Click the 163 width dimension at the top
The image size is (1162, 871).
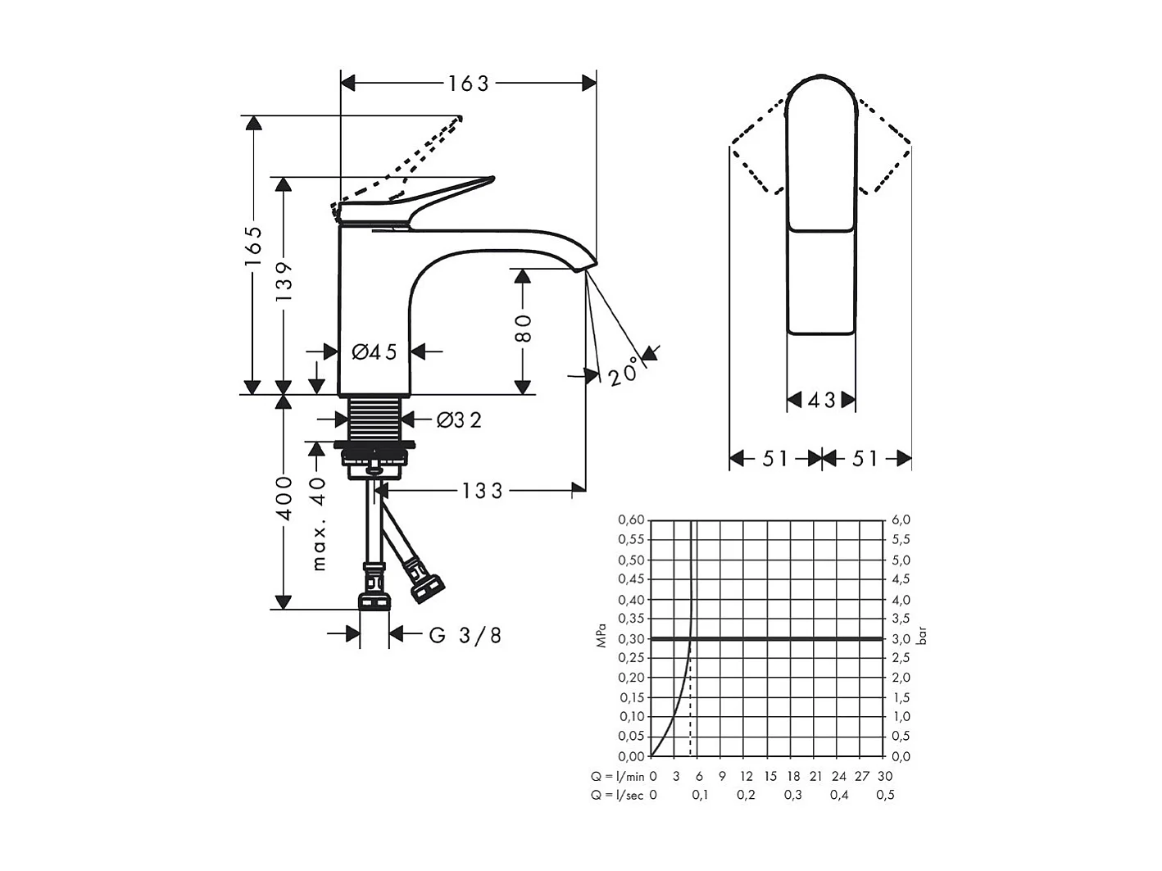(468, 83)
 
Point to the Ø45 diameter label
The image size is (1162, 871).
(374, 352)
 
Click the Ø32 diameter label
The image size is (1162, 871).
(459, 420)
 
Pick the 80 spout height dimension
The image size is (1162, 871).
(523, 328)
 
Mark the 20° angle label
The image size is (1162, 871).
(624, 371)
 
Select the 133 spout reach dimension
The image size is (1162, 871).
(482, 491)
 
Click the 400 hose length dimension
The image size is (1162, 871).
(284, 497)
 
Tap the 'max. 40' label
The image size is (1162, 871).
(319, 524)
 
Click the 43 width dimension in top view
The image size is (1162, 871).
(821, 400)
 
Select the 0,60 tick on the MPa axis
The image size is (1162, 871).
(631, 519)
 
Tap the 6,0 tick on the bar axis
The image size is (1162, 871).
(901, 519)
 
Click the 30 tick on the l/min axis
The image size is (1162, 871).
(885, 776)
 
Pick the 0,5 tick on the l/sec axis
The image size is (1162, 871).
(885, 795)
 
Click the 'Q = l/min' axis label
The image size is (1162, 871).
(617, 776)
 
